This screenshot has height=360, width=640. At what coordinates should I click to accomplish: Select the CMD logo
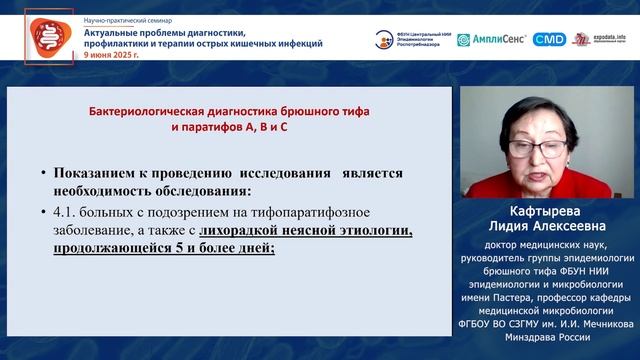[x=549, y=39]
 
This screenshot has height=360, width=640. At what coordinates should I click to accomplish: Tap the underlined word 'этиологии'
[x=379, y=231]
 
